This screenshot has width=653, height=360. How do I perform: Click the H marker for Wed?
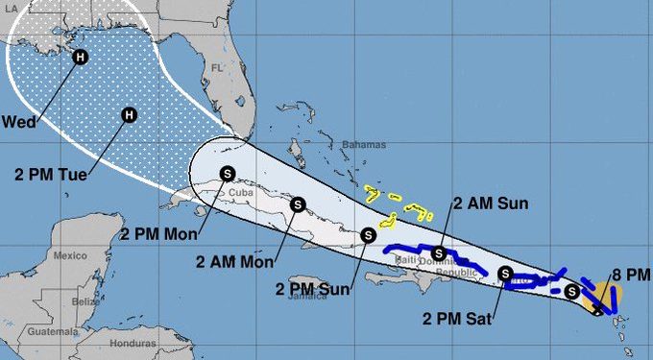81,58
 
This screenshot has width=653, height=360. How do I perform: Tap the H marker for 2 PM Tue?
129,115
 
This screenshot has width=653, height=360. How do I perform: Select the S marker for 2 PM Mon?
227,173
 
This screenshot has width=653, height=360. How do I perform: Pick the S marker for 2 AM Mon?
298,204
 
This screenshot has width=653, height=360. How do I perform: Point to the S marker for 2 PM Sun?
368,234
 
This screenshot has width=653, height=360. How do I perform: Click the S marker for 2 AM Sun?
439,253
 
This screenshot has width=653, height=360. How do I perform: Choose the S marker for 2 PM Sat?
506,273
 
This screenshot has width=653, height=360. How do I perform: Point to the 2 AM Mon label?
230,262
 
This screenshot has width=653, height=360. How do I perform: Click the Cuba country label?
240,192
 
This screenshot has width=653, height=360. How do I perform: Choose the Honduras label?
133,343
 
